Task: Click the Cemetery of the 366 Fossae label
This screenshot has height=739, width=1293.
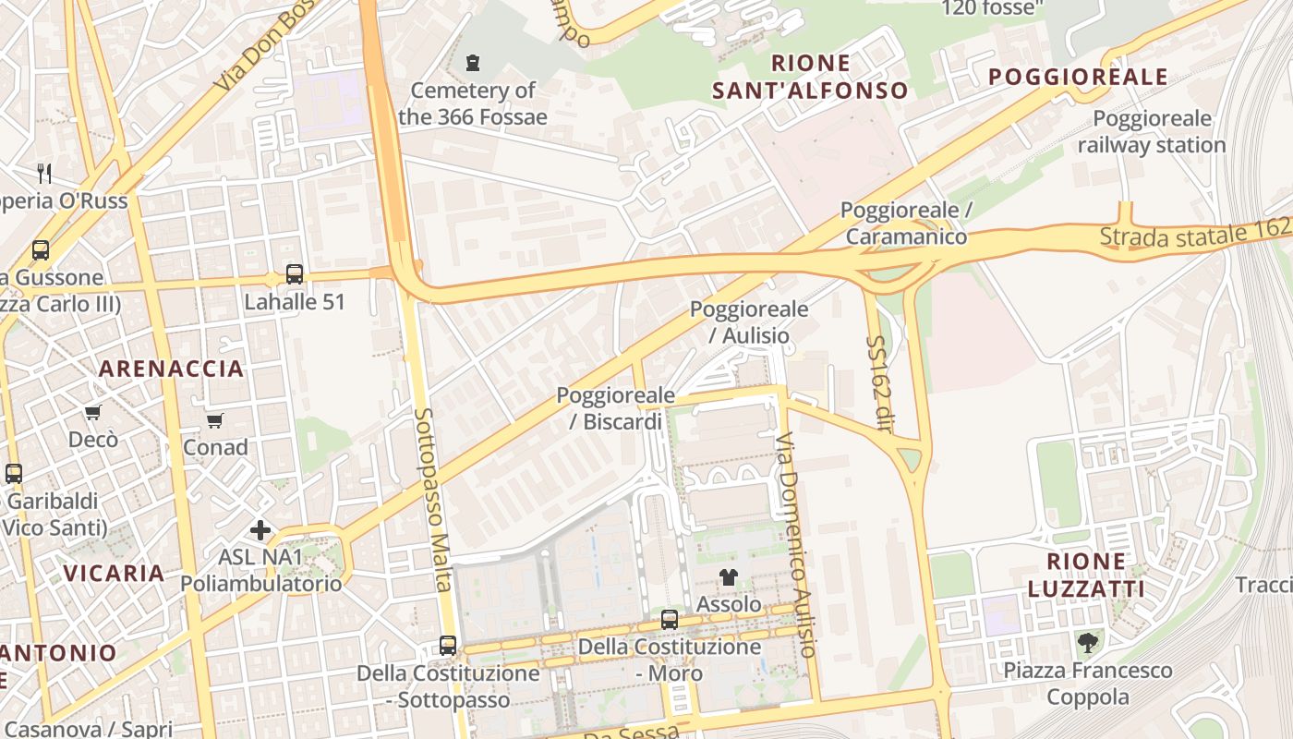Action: pos(473,103)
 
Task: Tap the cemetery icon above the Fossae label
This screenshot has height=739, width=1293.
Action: pos(473,63)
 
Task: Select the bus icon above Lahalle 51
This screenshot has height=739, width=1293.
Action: pos(295,273)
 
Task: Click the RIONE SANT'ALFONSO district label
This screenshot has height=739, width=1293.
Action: pos(836,77)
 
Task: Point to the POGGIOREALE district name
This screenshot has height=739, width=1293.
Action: pos(1079,78)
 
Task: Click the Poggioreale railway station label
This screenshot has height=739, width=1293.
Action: pos(1152,132)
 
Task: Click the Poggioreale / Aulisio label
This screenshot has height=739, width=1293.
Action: pos(749,321)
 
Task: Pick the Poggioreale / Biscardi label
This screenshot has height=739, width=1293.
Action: pos(610,408)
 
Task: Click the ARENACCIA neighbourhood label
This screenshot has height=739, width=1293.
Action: pos(172,369)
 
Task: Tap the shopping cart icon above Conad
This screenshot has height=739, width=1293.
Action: pos(215,420)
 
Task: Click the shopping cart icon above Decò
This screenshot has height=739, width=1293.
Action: pos(92,412)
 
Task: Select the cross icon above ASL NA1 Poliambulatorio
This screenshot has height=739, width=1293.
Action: pos(260,530)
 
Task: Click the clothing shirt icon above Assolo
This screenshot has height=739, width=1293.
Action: pos(729,577)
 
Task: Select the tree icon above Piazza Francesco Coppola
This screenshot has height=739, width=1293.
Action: pos(1088,643)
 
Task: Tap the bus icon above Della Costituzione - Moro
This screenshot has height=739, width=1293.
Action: pos(670,620)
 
